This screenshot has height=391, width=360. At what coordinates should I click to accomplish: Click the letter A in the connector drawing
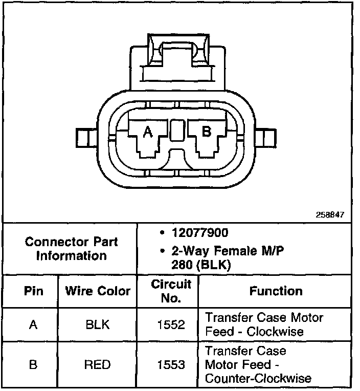[x=148, y=132]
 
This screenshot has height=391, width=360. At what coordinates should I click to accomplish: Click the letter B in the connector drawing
[x=207, y=132]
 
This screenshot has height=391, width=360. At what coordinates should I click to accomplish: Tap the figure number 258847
[x=330, y=215]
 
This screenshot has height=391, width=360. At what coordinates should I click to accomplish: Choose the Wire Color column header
[x=98, y=291]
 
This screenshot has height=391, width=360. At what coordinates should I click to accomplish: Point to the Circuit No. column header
[x=171, y=291]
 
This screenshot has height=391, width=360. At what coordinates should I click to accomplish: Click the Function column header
[x=276, y=291]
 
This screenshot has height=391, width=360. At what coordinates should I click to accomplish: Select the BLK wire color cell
[x=97, y=324]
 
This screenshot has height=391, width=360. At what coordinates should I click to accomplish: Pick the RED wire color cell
[x=97, y=364]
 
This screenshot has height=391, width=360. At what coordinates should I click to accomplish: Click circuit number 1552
[x=171, y=324]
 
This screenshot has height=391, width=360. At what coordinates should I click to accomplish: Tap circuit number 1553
[x=171, y=364]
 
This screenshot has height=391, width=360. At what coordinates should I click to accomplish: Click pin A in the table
[x=33, y=324]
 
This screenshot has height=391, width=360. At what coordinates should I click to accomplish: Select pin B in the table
[x=33, y=364]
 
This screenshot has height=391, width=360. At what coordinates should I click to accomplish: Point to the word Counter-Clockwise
[x=258, y=379]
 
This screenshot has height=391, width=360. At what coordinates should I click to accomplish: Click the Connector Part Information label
[x=71, y=248]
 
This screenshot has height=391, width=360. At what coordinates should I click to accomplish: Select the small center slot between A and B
[x=177, y=131]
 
